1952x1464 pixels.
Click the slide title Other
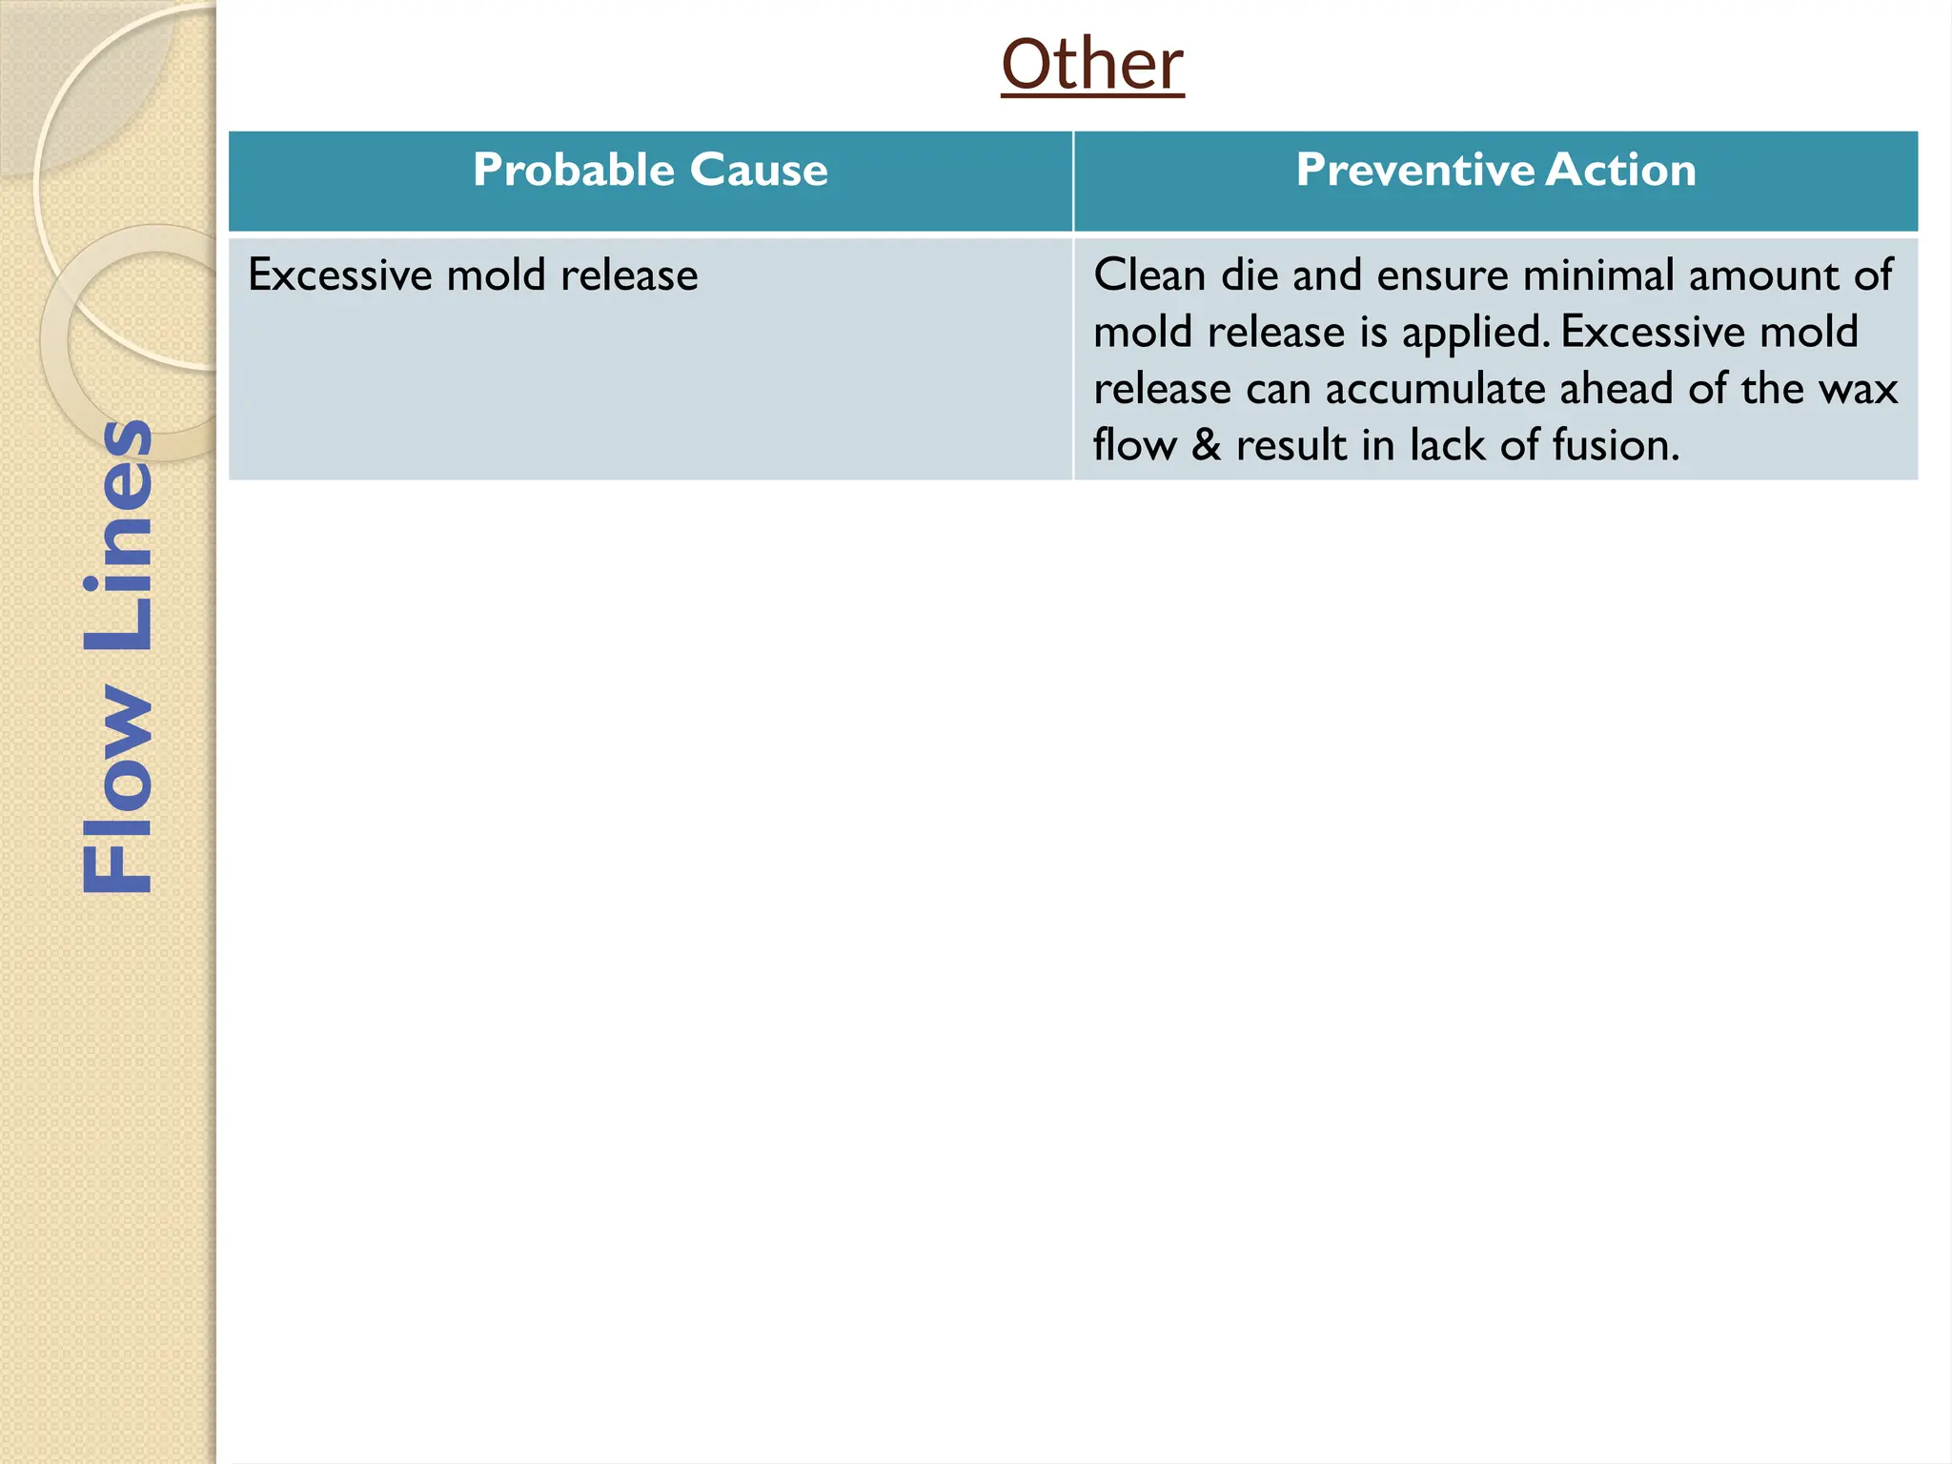tap(1092, 65)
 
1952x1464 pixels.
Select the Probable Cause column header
tap(650, 171)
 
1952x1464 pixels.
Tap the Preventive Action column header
tap(1495, 171)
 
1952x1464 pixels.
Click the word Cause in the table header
tap(759, 171)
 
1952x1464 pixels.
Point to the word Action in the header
tap(1620, 171)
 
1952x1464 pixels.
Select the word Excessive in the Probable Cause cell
tap(339, 276)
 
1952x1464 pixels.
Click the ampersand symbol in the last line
tap(1206, 446)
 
